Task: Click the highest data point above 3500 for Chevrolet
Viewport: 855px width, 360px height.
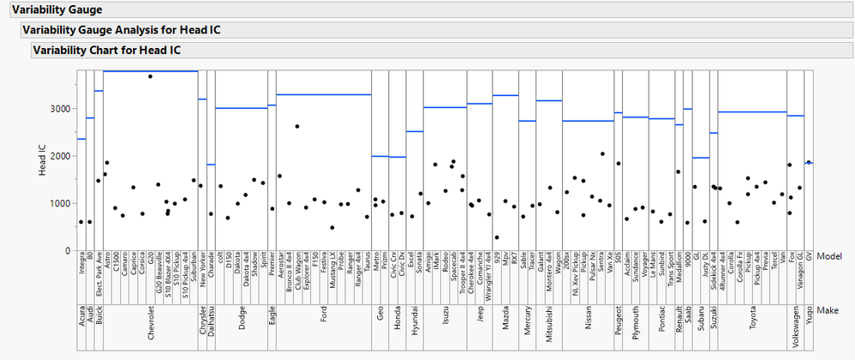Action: pos(151,76)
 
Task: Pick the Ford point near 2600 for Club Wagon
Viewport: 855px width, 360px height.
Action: pos(297,126)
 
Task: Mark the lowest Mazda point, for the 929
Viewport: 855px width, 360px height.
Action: pos(497,237)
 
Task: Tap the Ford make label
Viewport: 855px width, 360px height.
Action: pos(323,326)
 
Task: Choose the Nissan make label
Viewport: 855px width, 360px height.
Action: pos(589,325)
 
